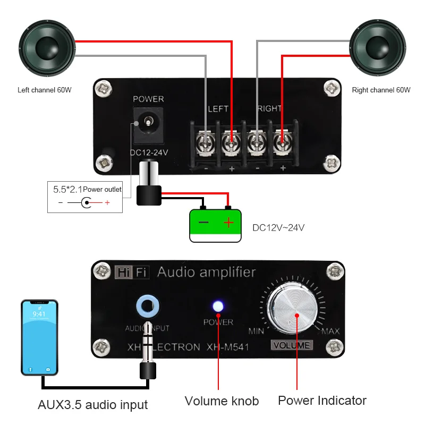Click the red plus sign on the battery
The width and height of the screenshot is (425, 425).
(228, 223)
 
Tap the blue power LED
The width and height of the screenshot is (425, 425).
(218, 306)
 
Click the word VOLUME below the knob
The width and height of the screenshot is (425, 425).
(291, 345)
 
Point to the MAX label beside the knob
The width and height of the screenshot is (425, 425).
(330, 332)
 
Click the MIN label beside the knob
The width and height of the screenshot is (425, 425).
(256, 332)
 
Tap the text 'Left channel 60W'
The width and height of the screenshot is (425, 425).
(45, 90)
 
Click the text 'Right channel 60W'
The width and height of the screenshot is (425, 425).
(381, 90)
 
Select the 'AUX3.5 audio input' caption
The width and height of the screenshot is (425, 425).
(92, 405)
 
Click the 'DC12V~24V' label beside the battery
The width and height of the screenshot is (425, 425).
(278, 228)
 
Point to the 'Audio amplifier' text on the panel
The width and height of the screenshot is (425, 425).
(206, 273)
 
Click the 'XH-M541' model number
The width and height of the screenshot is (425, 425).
(227, 347)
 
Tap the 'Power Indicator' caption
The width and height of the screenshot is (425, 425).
(322, 400)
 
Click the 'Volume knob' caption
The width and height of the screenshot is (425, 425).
(222, 401)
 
